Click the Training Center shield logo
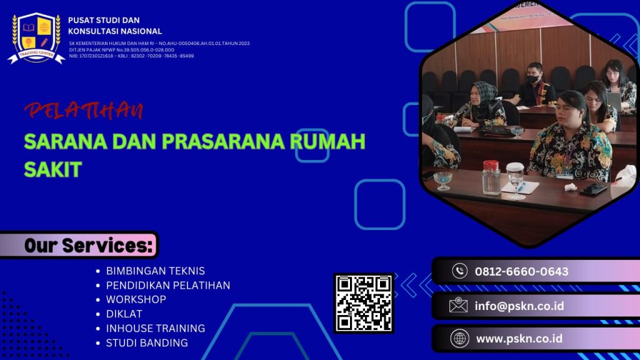click(36, 37)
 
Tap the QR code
click(364, 303)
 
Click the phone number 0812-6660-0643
click(521, 271)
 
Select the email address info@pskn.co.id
click(519, 306)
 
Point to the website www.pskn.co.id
click(519, 339)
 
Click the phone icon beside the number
click(460, 271)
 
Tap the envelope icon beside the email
click(458, 306)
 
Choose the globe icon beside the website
click(459, 339)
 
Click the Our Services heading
click(88, 246)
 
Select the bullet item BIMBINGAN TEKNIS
click(155, 271)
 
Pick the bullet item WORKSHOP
click(136, 299)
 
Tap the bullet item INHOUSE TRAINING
click(155, 328)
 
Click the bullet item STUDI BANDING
click(147, 342)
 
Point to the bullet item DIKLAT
click(124, 314)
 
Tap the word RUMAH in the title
click(331, 142)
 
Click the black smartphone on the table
click(592, 189)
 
